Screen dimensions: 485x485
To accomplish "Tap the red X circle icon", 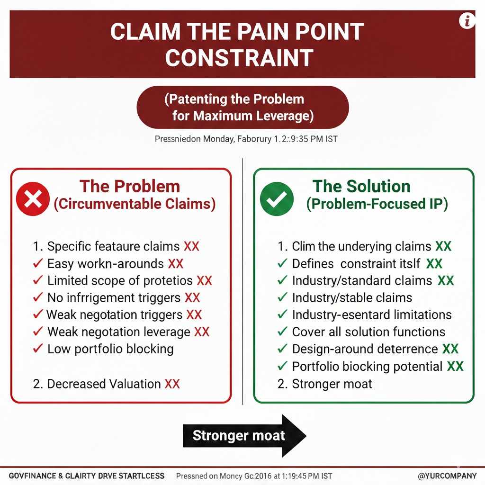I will point(33,199).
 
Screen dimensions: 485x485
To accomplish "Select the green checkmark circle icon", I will point(277,199).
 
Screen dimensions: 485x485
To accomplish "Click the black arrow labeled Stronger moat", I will point(244,436).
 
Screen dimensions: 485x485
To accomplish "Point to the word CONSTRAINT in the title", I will point(239,58).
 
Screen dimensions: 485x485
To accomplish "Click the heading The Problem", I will point(129,186).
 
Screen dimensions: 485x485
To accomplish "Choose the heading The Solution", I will point(361,186).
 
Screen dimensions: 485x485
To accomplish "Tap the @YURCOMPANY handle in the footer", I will point(448,476).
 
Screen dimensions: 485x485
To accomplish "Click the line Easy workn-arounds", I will point(105,264).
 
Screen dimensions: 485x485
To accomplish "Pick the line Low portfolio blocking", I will point(110,349).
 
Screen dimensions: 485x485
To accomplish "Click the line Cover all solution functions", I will point(368,332).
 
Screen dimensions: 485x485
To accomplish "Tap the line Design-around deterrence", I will point(365,349).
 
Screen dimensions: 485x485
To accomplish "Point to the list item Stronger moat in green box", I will point(332,384).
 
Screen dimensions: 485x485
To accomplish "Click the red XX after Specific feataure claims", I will point(191,247).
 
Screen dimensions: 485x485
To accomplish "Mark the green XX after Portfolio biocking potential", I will point(455,366).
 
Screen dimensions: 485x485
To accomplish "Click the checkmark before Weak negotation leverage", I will point(39,332).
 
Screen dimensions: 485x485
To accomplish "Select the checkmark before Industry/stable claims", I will point(282,298).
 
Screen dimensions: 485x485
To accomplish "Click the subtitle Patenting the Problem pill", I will point(242,108).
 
